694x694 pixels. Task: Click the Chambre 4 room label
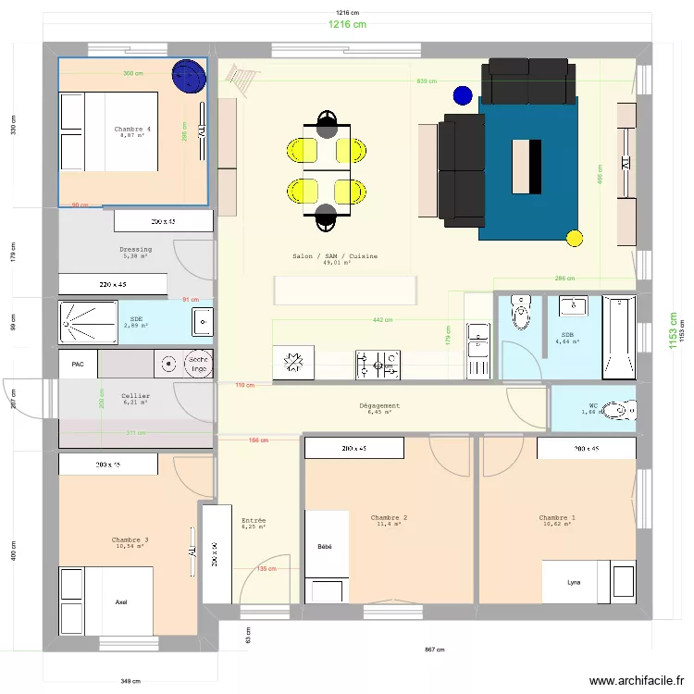tap(132, 129)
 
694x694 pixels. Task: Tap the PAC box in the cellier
tap(78, 365)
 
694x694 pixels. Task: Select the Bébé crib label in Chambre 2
tap(324, 547)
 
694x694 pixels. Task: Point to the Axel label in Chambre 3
tap(121, 601)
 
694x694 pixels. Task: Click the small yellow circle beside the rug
tap(574, 239)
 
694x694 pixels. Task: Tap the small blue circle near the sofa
tap(463, 94)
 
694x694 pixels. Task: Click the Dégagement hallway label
tap(379, 406)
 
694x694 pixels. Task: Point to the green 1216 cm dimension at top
tap(347, 25)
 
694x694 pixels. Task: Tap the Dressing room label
tap(135, 250)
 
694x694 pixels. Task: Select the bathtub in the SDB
tap(619, 338)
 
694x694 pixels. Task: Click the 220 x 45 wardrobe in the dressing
tap(113, 285)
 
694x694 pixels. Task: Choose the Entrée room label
tap(253, 522)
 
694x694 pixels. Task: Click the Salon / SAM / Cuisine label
tap(334, 256)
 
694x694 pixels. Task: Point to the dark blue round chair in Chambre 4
tap(189, 75)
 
